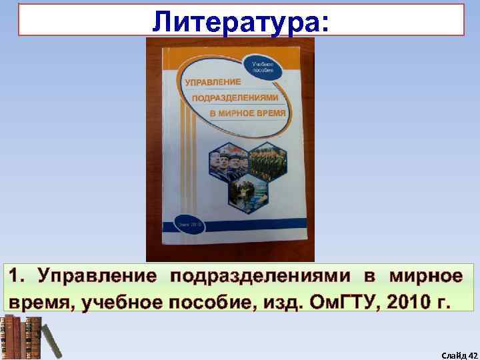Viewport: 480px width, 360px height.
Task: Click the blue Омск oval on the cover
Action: [x=191, y=225]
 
